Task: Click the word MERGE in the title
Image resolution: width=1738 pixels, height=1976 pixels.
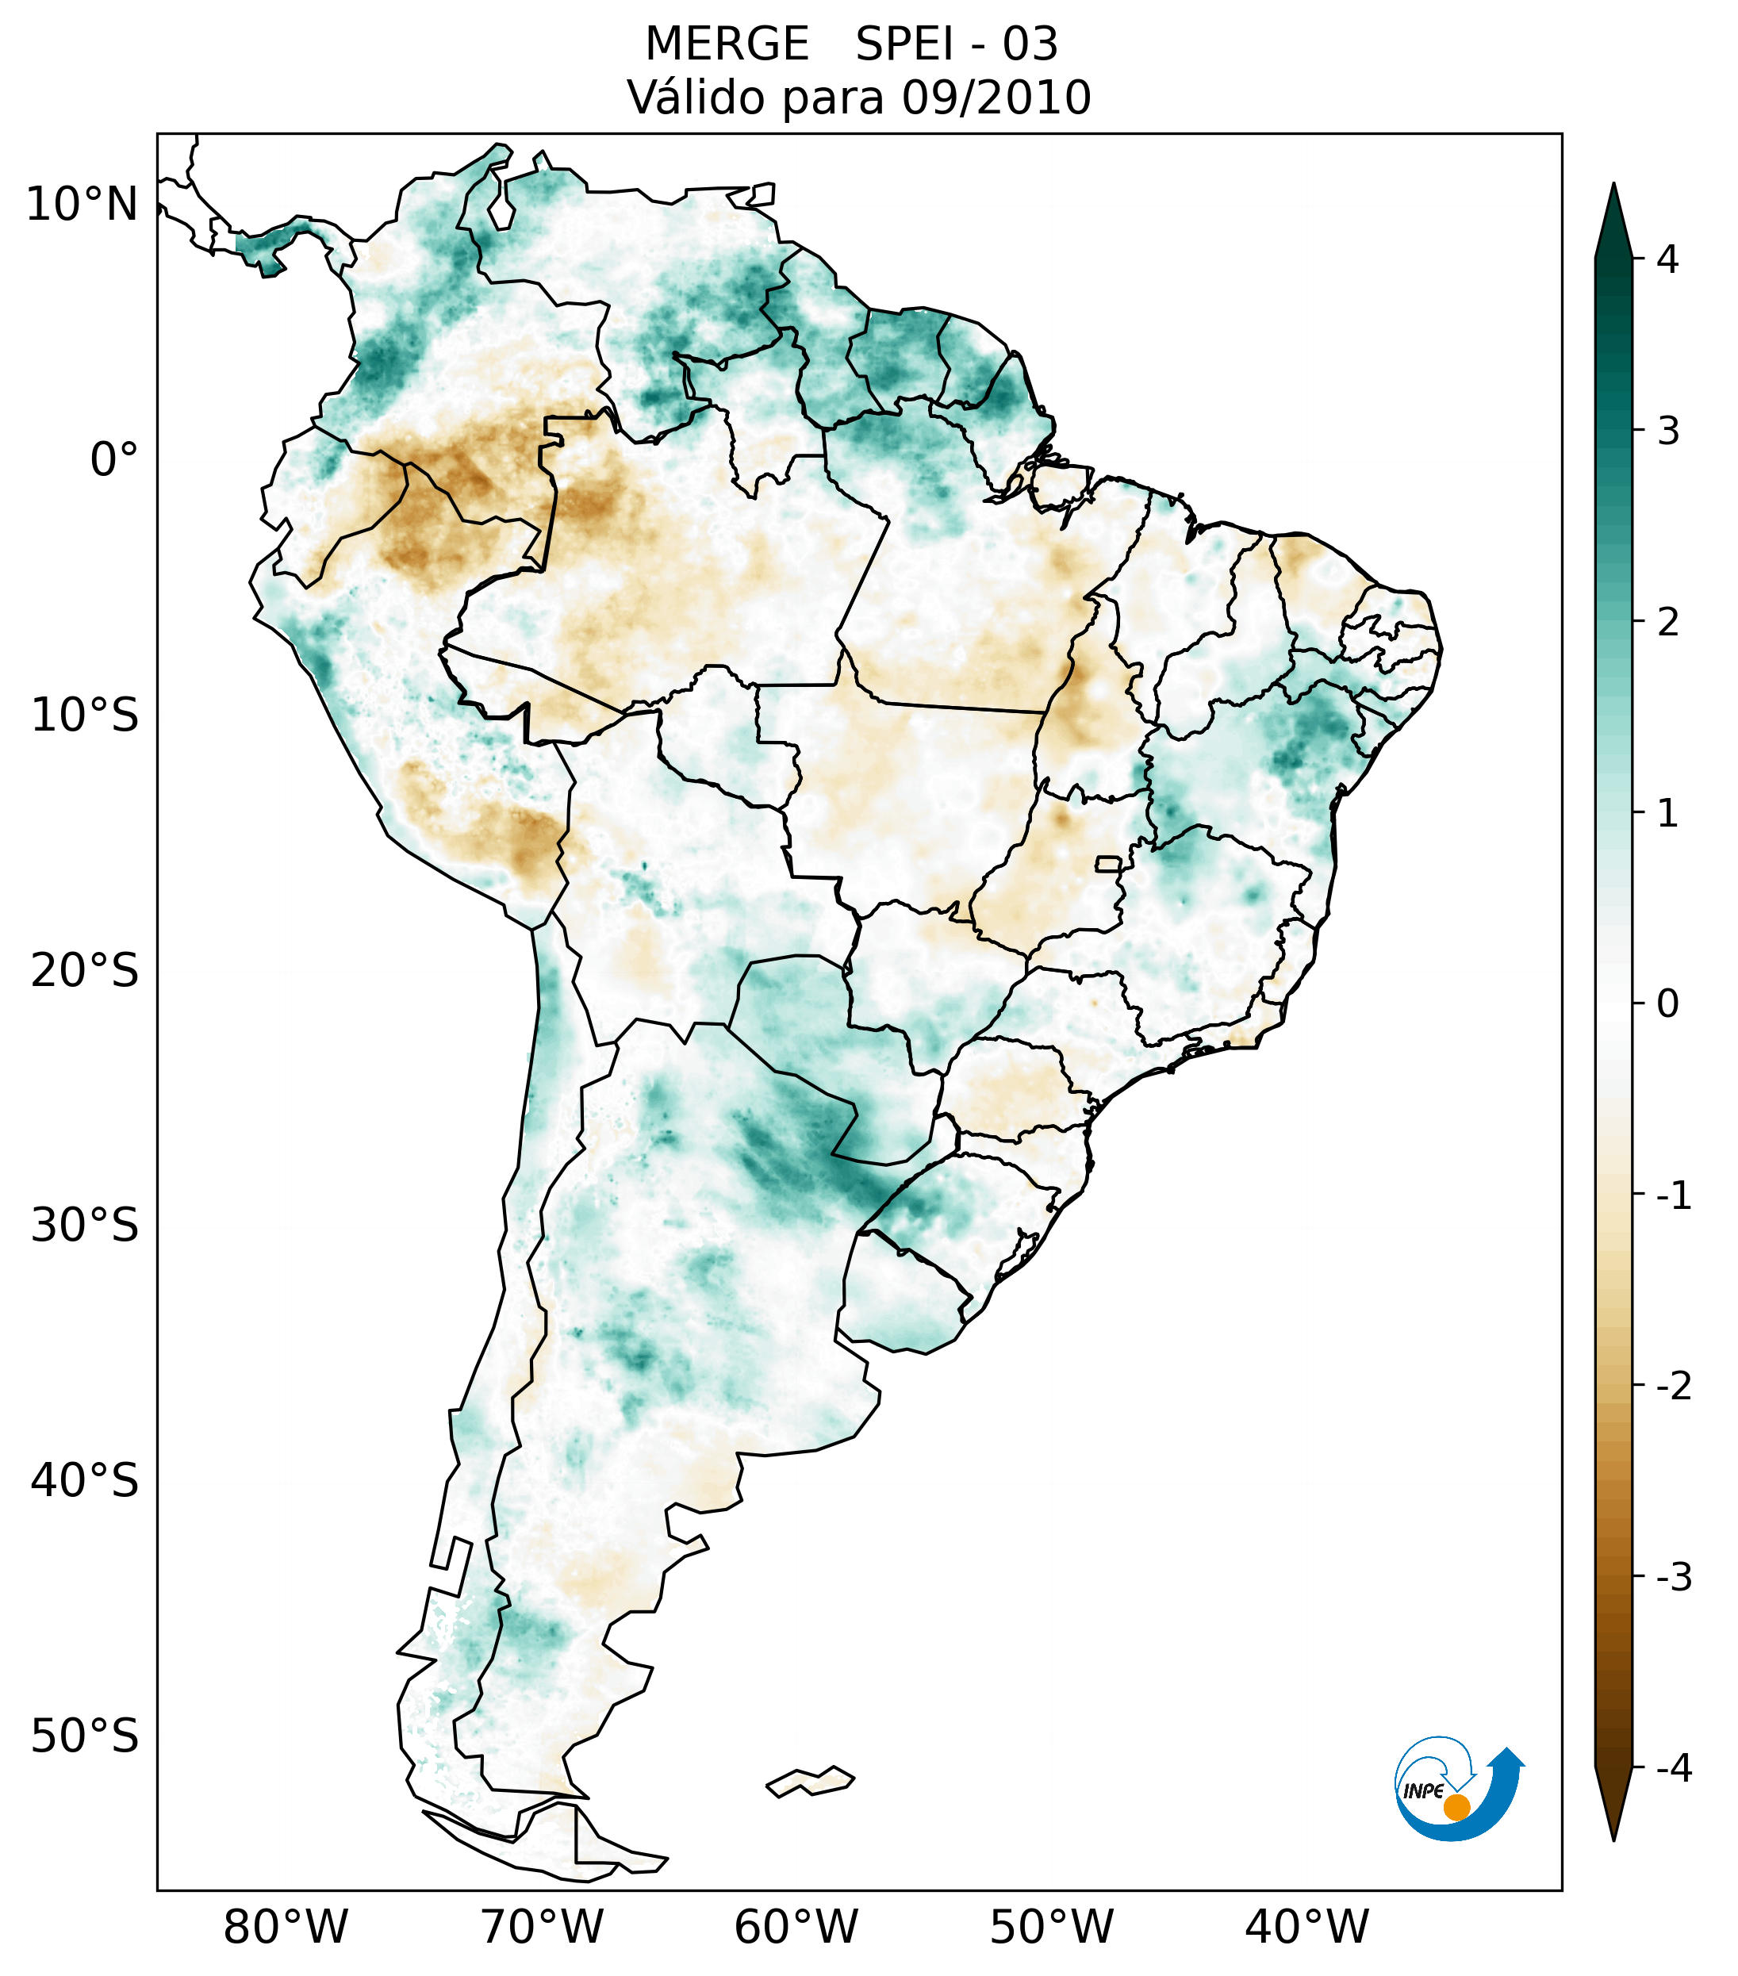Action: [x=727, y=44]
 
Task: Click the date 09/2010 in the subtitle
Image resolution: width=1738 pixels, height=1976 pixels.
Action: [x=996, y=98]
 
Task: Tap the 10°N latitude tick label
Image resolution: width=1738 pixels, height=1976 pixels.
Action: [x=82, y=205]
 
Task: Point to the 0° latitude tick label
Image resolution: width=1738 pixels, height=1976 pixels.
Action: [x=114, y=460]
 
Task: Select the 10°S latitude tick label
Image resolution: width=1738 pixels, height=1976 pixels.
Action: [x=85, y=716]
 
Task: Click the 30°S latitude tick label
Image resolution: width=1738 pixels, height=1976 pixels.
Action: [x=85, y=1226]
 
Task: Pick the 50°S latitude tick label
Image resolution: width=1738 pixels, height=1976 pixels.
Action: [x=85, y=1737]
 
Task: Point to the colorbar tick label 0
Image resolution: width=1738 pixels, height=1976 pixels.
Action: [x=1667, y=1003]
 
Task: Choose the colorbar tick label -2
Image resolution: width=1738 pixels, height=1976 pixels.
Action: [x=1673, y=1387]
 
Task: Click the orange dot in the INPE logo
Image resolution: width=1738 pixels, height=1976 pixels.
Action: [x=1456, y=1807]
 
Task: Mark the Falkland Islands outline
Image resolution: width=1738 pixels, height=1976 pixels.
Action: [x=810, y=1781]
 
